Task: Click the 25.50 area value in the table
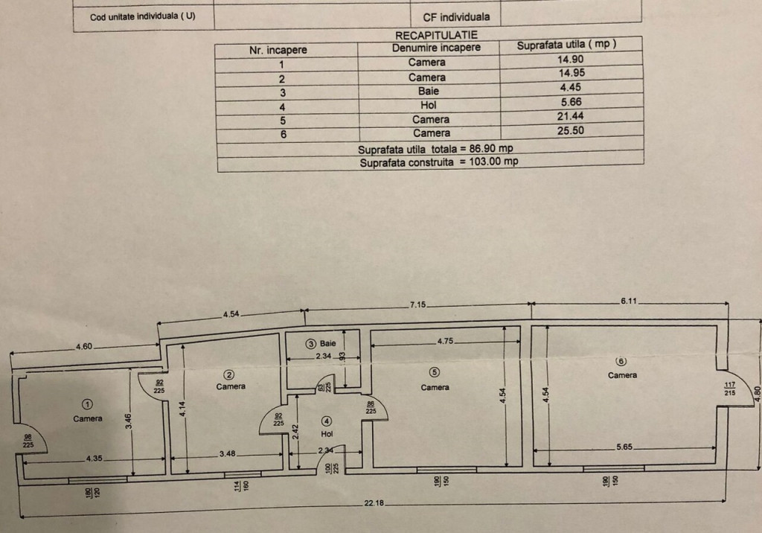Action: [571, 130]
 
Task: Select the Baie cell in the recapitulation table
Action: [428, 91]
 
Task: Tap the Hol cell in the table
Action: [429, 105]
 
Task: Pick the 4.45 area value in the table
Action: [571, 87]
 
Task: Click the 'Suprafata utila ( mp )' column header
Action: [566, 45]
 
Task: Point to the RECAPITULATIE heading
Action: [436, 35]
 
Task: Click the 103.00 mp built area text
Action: [493, 162]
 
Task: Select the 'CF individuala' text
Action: [456, 17]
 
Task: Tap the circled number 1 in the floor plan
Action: [88, 404]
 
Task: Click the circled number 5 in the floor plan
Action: [435, 372]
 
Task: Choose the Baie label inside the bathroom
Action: [327, 343]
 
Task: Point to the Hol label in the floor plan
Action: [327, 434]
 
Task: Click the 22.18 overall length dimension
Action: [374, 502]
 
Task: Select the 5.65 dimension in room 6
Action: [624, 447]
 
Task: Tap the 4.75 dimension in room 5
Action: [445, 341]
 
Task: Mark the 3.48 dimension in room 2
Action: [227, 454]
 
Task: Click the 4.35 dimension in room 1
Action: [95, 458]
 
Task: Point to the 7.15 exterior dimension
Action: [417, 305]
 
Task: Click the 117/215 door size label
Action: [729, 389]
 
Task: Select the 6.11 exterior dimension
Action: [628, 301]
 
